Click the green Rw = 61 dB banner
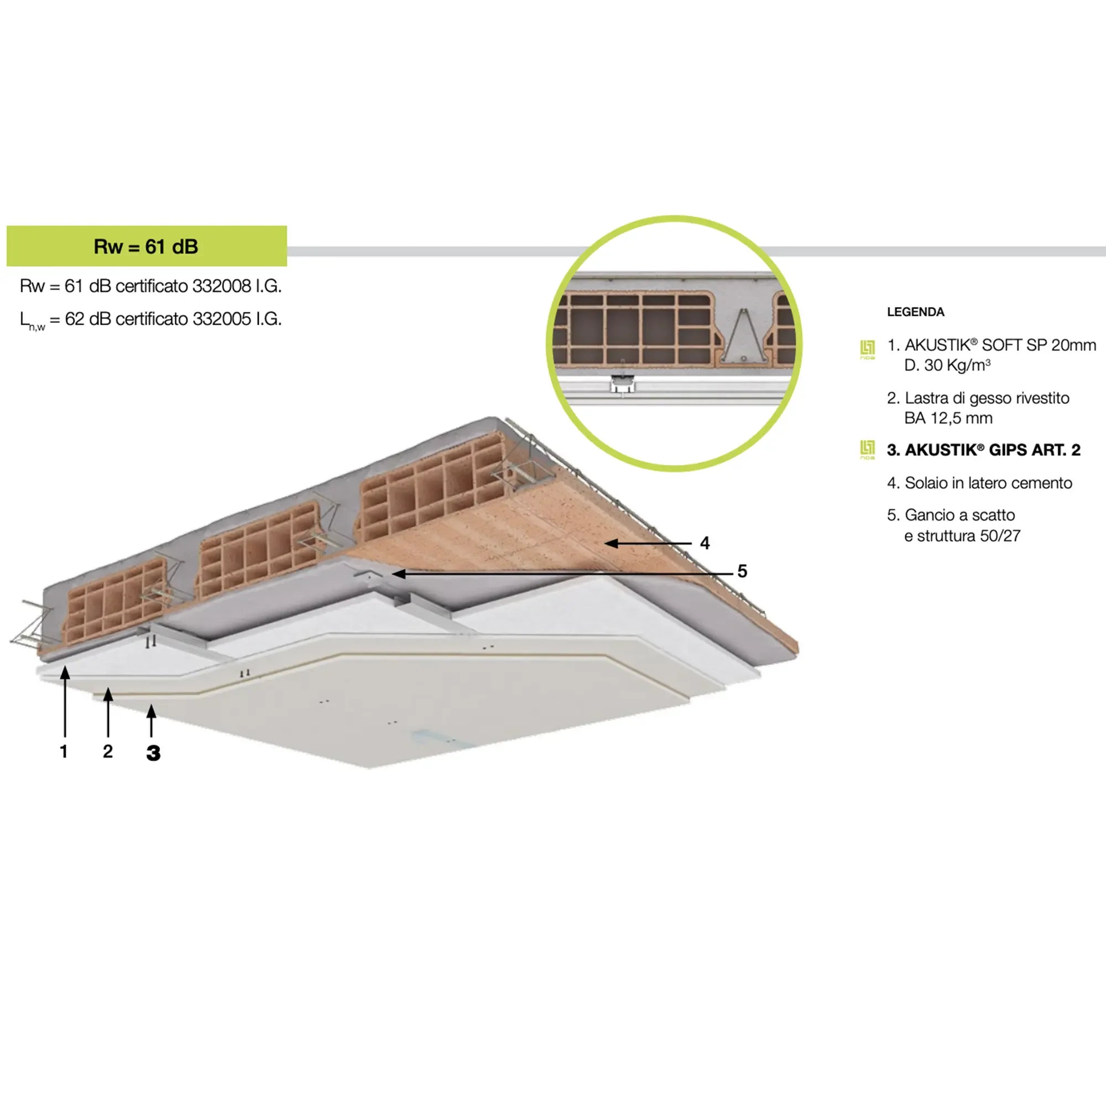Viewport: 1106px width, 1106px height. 147,246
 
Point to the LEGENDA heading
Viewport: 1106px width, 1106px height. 915,312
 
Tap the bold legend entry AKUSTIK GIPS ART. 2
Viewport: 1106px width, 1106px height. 983,450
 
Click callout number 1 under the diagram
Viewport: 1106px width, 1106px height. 64,751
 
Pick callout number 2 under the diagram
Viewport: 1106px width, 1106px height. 108,751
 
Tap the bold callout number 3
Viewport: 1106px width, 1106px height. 153,753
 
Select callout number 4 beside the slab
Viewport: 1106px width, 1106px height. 705,542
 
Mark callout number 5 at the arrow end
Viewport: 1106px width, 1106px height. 742,571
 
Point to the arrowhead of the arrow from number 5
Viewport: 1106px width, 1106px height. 399,573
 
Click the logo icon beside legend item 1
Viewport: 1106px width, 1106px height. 867,349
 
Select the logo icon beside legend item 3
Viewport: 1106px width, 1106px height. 867,450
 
